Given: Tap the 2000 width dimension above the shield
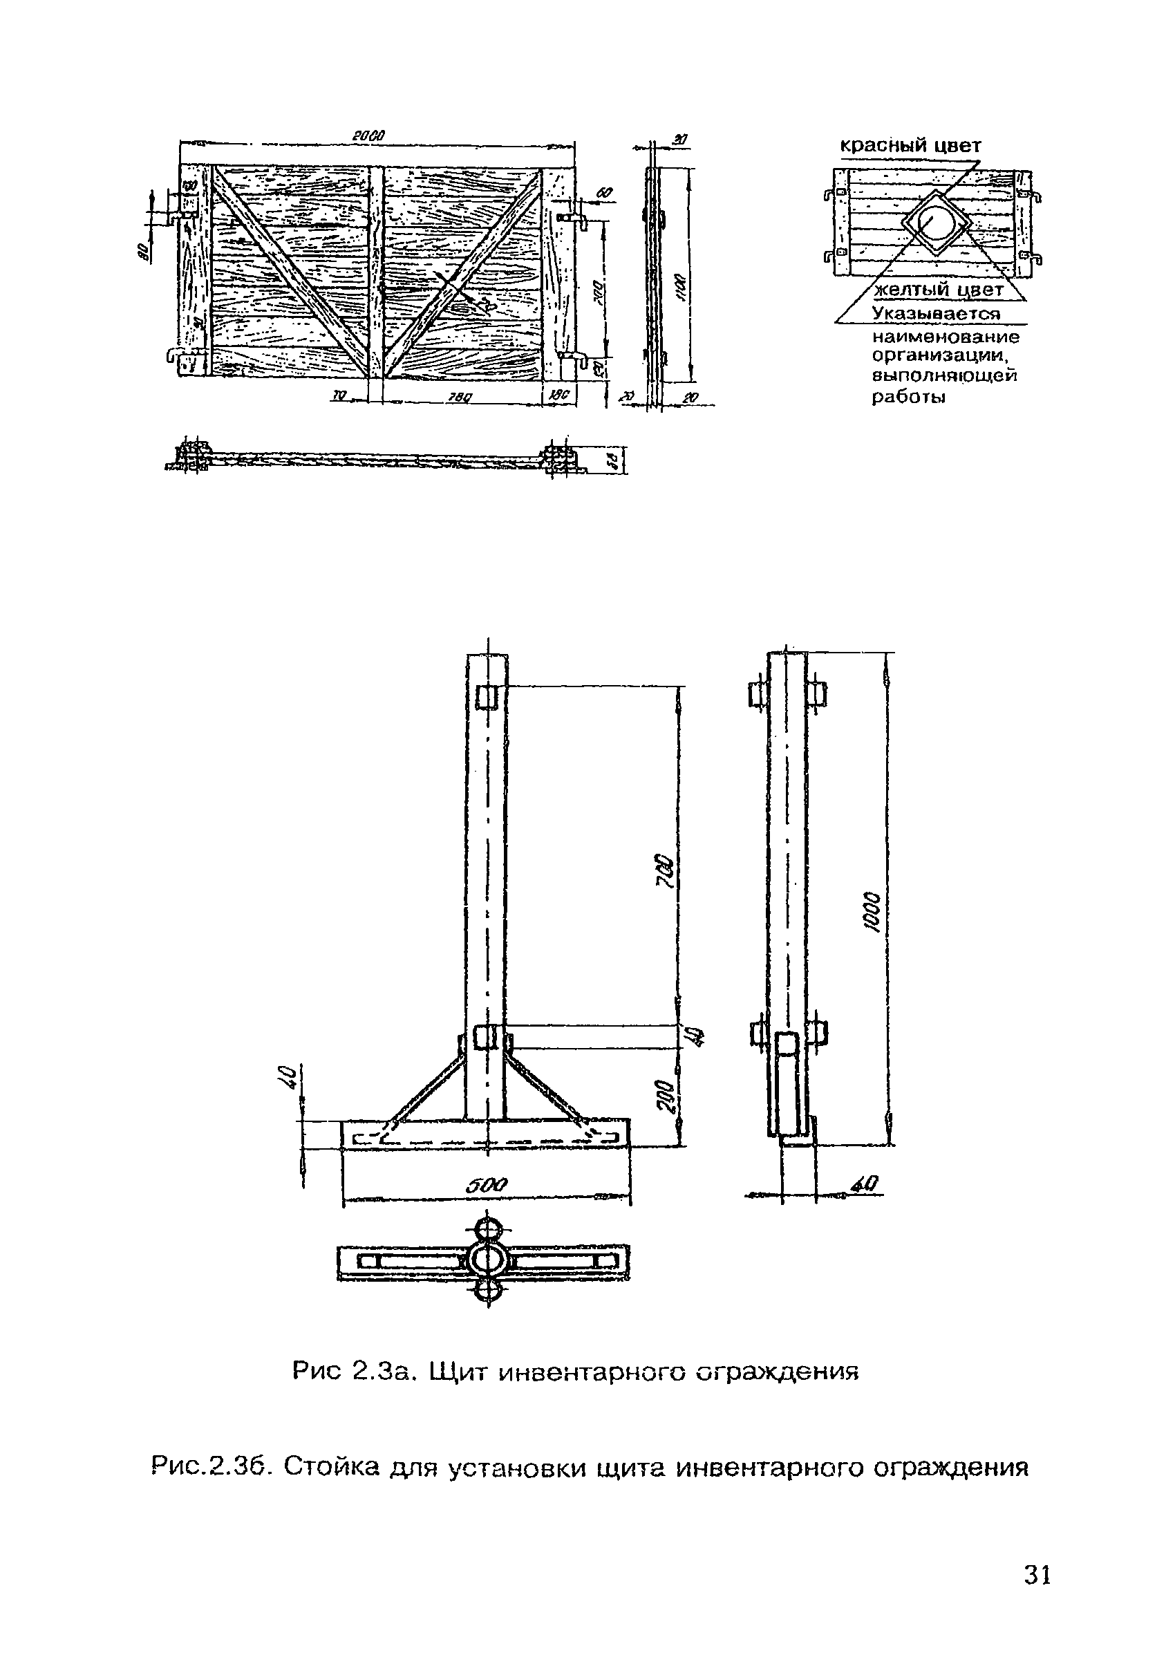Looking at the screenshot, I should pyautogui.click(x=368, y=135).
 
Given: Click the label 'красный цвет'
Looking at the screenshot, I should pyautogui.click(x=910, y=146).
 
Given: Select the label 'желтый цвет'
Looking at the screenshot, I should pyautogui.click(x=938, y=290).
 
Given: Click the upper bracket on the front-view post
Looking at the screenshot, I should pyautogui.click(x=486, y=698).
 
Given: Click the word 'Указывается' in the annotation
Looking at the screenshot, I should pyautogui.click(x=936, y=314).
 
